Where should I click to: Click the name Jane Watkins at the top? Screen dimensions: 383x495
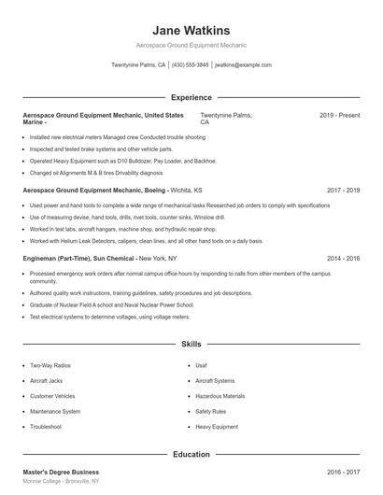[191, 30]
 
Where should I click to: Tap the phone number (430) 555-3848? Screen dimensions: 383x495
[191, 65]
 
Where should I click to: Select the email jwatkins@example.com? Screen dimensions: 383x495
[243, 65]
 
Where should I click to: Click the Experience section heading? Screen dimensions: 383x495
[191, 97]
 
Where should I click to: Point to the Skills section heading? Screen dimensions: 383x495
[191, 345]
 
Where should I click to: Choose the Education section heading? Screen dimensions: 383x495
[191, 454]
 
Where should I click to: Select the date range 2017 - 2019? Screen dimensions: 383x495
[343, 190]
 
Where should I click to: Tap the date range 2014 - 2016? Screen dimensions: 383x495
[343, 257]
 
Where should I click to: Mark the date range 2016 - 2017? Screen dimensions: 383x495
[343, 473]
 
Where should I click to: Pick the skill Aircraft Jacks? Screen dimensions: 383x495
[47, 381]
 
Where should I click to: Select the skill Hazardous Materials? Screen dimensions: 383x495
[220, 396]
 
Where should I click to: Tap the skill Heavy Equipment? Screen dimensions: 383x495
[217, 427]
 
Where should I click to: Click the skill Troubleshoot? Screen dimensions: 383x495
[46, 427]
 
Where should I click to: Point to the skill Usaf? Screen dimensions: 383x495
[202, 365]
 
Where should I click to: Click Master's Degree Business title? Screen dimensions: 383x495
[61, 473]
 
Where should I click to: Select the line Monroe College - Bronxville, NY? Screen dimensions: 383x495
[61, 483]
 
